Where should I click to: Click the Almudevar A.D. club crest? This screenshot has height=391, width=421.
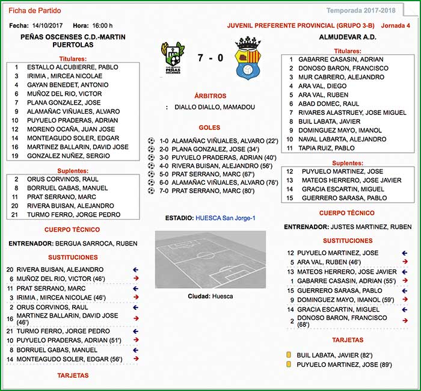tap(247, 58)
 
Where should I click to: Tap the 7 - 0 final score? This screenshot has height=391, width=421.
tap(210, 58)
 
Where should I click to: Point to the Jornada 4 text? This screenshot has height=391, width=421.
tap(395, 26)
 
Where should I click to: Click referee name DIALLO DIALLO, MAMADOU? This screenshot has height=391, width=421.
tap(215, 107)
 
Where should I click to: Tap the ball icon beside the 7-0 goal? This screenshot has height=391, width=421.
tap(151, 191)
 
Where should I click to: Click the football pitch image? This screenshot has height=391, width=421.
tap(210, 259)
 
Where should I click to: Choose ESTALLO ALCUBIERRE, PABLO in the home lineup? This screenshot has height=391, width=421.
tap(73, 67)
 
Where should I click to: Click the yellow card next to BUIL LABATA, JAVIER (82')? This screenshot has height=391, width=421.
tap(289, 355)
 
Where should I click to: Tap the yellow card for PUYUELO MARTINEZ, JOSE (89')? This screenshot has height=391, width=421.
tap(289, 365)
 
